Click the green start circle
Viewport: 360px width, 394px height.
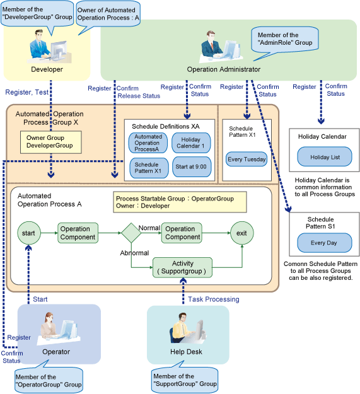(29, 233)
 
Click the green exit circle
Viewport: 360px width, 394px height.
(242, 233)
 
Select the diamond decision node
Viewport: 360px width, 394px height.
(131, 233)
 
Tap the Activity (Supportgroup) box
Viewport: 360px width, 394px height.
(182, 267)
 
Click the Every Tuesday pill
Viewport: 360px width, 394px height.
(247, 159)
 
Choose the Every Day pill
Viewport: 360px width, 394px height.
(324, 243)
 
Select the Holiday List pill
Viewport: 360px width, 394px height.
(325, 157)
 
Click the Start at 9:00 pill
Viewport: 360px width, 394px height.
(192, 167)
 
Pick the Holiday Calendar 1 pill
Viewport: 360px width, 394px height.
(191, 142)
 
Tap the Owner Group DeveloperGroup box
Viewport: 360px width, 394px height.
(50, 142)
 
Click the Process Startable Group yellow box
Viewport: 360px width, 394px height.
(180, 202)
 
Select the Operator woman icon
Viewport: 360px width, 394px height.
(59, 328)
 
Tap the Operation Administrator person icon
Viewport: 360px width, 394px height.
(221, 47)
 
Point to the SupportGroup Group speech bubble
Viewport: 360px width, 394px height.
(185, 378)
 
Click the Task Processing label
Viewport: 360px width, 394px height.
(214, 299)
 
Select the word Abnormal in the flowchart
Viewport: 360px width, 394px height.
(134, 253)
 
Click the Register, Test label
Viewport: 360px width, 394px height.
(26, 92)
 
